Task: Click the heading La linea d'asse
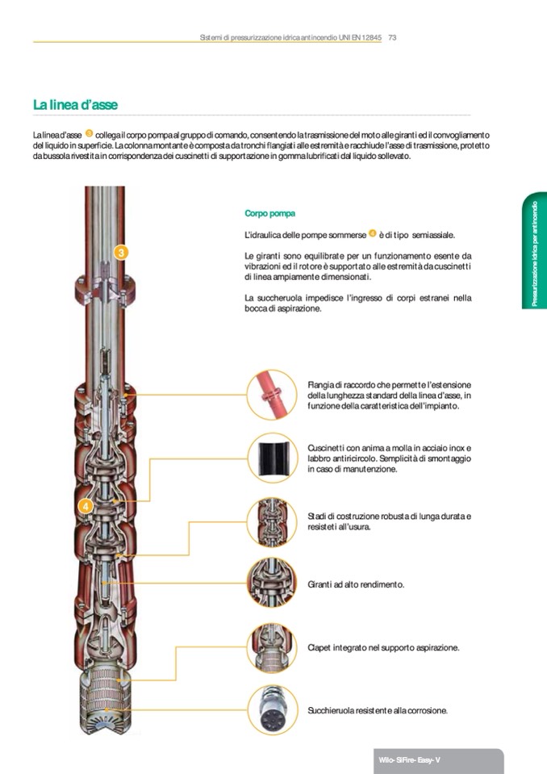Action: (x=76, y=105)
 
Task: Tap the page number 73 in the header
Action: (x=393, y=37)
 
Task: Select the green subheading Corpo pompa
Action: (x=269, y=213)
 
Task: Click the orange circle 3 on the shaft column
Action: (x=121, y=253)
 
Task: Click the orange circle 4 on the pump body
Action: (x=86, y=506)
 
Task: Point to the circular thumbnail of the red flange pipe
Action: (x=272, y=395)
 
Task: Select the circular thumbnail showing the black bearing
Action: (x=272, y=458)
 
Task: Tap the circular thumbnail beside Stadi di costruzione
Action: (x=272, y=521)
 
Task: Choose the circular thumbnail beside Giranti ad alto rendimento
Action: (x=272, y=584)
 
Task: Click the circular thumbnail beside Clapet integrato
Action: (x=272, y=647)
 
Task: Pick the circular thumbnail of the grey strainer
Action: (x=272, y=709)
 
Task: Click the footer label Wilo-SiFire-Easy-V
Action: (x=409, y=760)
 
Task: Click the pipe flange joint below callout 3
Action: (x=105, y=291)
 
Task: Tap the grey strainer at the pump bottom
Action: (x=105, y=701)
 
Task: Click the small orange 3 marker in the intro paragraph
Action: (x=90, y=133)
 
